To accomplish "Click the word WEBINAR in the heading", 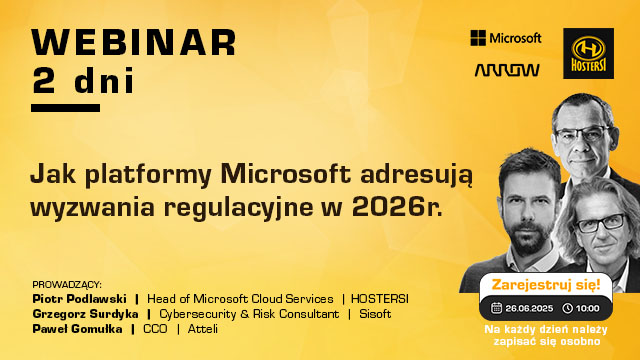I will click(134, 42).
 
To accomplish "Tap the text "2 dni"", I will click(74, 80).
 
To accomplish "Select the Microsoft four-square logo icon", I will click(478, 38).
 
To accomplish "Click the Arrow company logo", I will click(506, 71).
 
